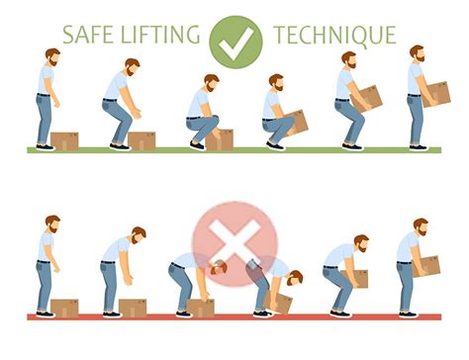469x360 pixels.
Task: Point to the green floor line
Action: [x=234, y=150]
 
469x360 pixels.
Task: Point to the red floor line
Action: [x=234, y=316]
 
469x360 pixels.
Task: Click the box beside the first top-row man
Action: [x=65, y=140]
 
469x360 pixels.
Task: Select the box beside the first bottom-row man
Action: [x=66, y=307]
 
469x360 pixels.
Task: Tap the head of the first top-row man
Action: [x=50, y=58]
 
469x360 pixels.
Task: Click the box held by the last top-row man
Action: [x=434, y=93]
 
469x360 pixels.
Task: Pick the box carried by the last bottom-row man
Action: [x=427, y=265]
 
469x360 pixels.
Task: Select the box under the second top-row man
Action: [x=141, y=139]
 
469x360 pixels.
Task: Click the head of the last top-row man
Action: [x=417, y=54]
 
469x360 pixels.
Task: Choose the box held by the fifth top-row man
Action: [x=367, y=97]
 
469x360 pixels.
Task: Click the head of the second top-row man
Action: [x=132, y=67]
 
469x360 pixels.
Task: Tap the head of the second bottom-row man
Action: [x=138, y=235]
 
